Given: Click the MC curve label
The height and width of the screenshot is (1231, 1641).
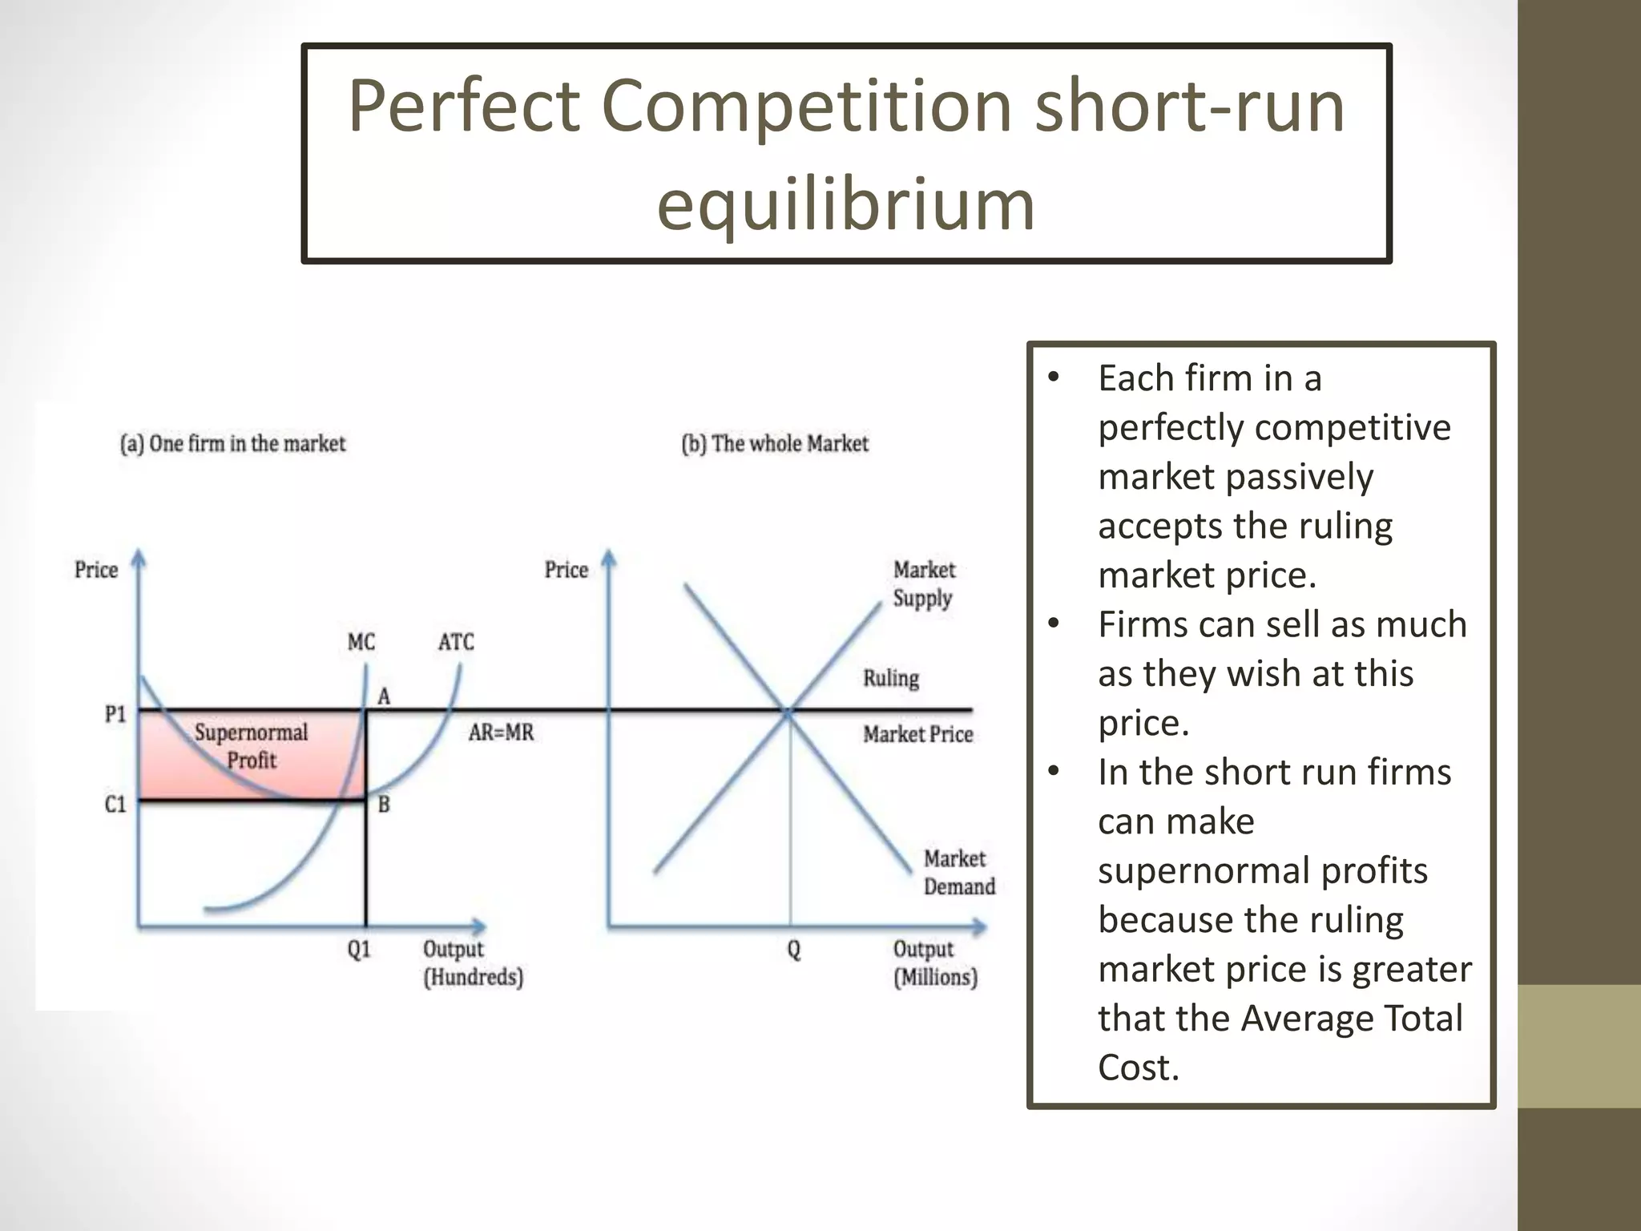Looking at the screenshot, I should (361, 642).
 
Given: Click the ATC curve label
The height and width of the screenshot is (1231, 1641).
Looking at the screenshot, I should (456, 642).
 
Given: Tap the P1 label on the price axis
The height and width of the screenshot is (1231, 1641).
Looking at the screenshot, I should (115, 713).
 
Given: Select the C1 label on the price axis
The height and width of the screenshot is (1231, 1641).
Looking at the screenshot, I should (115, 804).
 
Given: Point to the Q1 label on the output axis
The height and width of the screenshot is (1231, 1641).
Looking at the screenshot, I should (359, 950).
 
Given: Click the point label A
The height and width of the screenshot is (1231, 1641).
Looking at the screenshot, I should (384, 696).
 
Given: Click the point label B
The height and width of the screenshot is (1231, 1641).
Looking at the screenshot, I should (384, 804).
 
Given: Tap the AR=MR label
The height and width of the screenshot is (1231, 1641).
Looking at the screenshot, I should (501, 733).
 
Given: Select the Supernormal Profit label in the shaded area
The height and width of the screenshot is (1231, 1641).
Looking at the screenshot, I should (251, 746).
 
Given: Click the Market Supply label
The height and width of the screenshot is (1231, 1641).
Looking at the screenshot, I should (924, 584).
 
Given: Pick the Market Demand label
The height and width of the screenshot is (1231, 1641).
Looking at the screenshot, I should (958, 873).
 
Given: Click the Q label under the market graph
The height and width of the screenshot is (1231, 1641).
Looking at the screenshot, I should (793, 950).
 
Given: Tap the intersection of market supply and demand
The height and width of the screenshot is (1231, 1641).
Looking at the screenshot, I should (789, 711).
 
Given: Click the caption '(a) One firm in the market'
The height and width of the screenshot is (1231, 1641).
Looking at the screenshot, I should (232, 444).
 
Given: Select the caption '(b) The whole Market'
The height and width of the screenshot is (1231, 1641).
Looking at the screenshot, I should (775, 444).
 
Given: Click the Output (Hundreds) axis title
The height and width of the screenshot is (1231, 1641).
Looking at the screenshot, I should (473, 963).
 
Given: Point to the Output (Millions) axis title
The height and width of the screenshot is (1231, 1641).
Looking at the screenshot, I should (935, 963).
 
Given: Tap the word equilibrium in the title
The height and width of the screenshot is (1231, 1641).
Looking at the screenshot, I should (846, 204).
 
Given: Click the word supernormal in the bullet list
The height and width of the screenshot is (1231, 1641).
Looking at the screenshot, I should (1262, 871).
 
